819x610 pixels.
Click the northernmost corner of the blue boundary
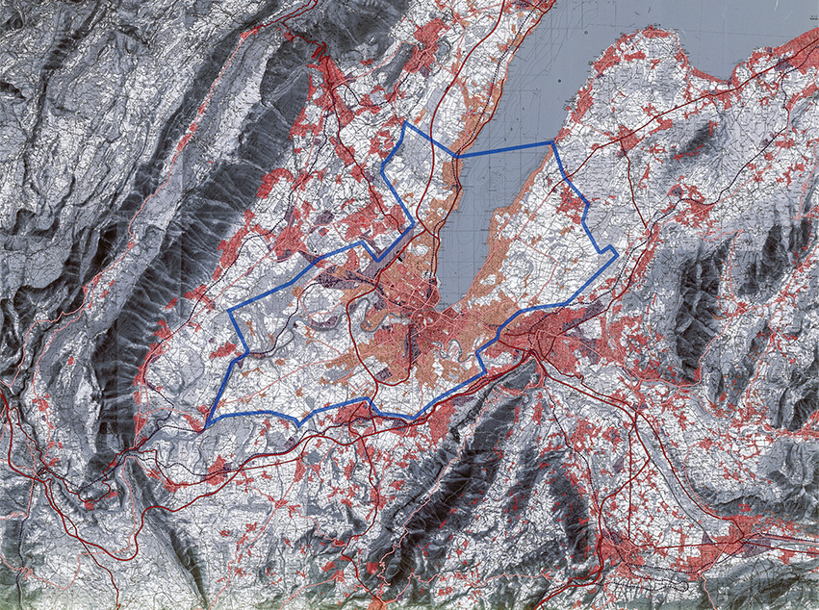click(405, 123)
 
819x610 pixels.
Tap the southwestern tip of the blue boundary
click(206, 426)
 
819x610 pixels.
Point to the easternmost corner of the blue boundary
click(616, 252)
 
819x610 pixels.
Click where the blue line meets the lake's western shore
click(455, 156)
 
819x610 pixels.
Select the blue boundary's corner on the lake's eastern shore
click(552, 144)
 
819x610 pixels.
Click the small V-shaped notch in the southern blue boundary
click(300, 421)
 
